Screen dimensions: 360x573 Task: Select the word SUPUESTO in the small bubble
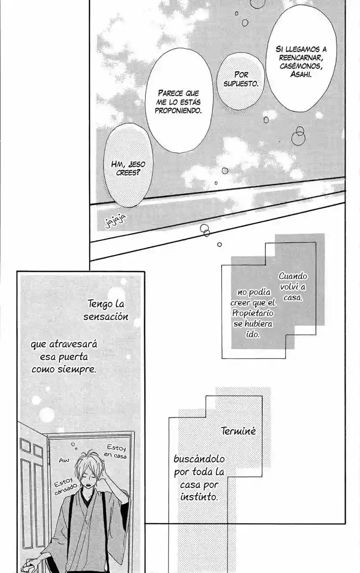[240, 83]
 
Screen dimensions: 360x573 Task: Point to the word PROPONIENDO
[178, 111]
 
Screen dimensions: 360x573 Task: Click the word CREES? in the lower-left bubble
[128, 173]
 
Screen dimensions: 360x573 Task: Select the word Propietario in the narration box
[252, 313]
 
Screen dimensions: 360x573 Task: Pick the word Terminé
[238, 431]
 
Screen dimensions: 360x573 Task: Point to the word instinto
[199, 497]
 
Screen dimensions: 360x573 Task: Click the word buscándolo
[199, 459]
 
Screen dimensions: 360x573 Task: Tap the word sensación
[106, 316]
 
